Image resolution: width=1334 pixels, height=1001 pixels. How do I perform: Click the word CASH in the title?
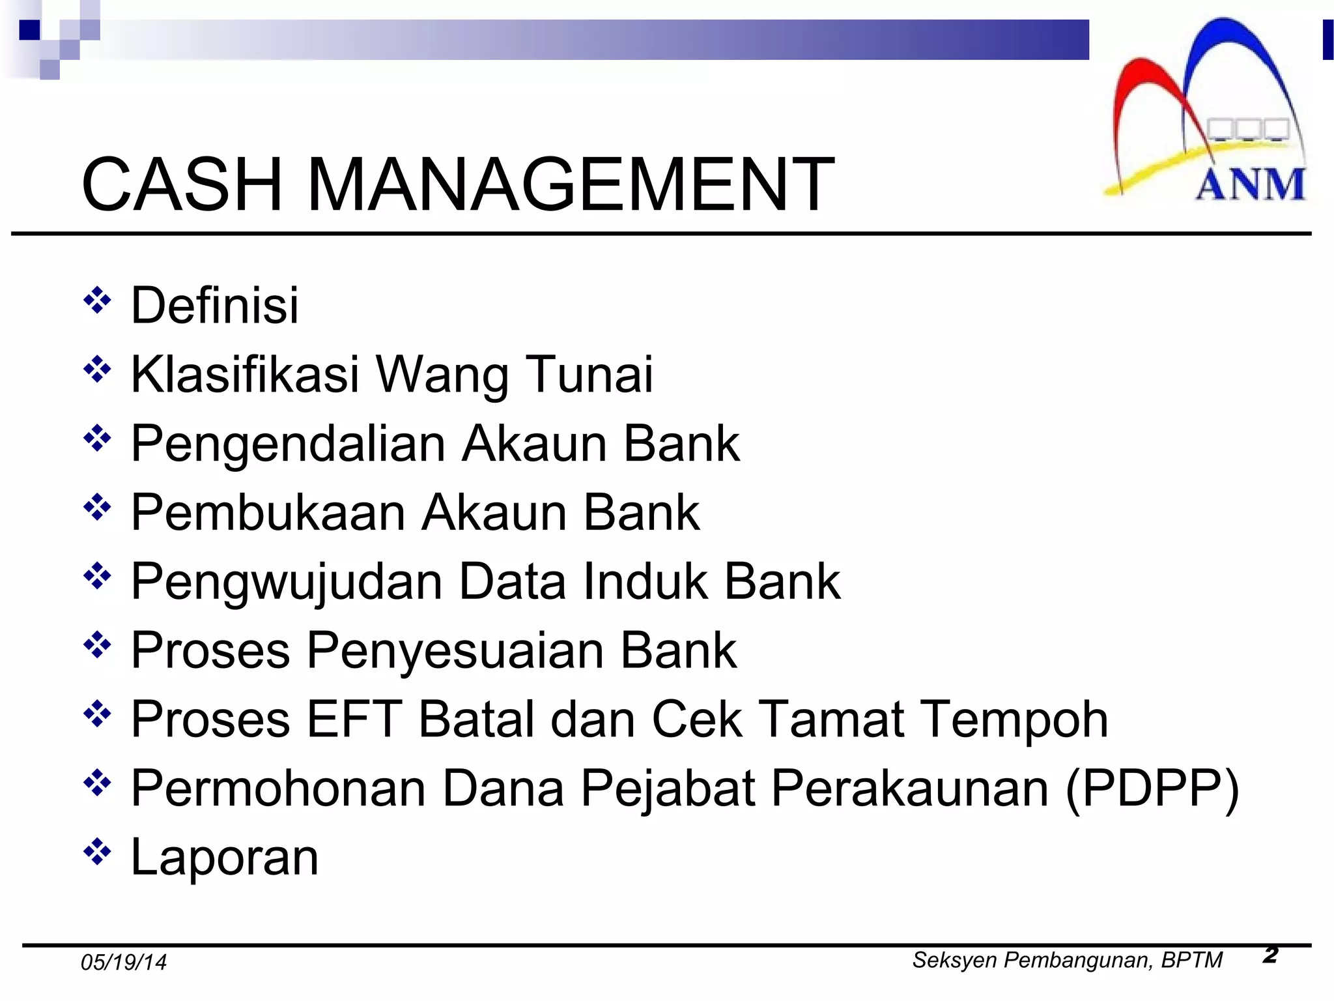click(182, 185)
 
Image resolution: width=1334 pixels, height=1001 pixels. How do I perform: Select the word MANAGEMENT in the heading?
click(570, 185)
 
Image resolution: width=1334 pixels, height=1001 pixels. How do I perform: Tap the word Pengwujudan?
click(287, 583)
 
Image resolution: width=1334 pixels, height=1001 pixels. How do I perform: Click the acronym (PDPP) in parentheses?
click(1152, 789)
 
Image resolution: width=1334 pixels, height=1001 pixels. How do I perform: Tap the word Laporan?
click(225, 858)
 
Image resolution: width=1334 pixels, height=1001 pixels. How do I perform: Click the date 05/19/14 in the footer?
click(123, 963)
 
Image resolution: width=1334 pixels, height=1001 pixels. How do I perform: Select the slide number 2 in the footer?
click(1270, 955)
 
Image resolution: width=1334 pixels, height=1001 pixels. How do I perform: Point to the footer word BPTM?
click(1192, 960)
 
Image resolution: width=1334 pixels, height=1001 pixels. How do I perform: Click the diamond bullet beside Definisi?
click(97, 300)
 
